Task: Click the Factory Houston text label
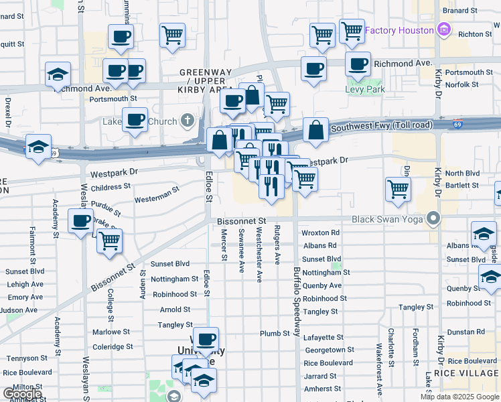point(399,31)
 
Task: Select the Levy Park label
point(365,89)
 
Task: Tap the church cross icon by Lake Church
point(189,122)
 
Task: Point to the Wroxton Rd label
point(321,233)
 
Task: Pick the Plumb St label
point(275,334)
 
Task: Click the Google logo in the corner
point(22,394)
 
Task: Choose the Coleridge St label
point(113,347)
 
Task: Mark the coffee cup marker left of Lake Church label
point(135,119)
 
